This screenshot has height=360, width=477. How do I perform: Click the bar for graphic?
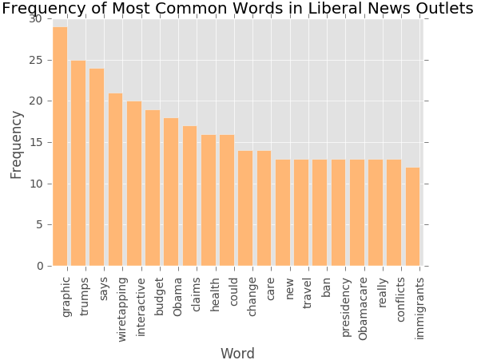coord(60,146)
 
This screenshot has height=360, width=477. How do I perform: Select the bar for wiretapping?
coord(116,180)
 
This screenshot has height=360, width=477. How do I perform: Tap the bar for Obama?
coord(171,192)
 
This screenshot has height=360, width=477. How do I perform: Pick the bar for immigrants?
coord(412,216)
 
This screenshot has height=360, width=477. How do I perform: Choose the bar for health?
coord(209,200)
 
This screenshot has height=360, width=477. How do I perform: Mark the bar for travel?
coord(301,212)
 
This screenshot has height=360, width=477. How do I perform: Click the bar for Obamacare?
coord(357,212)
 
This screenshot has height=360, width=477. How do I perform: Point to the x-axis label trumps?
coord(84,296)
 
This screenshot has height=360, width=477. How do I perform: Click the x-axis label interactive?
coord(141,307)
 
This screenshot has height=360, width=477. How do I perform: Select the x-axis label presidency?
coord(346,307)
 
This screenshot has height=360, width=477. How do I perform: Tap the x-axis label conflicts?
coord(400,299)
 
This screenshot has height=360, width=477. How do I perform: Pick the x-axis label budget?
coord(159,296)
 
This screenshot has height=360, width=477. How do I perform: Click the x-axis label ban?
coord(326,287)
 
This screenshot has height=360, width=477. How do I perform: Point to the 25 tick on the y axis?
coord(36,60)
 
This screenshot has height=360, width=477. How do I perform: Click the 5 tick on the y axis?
coord(39,225)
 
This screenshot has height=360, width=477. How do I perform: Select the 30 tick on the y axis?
coord(36,19)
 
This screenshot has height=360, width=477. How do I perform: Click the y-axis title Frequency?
coord(16,145)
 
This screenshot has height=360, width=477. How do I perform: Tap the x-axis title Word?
coord(237,354)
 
